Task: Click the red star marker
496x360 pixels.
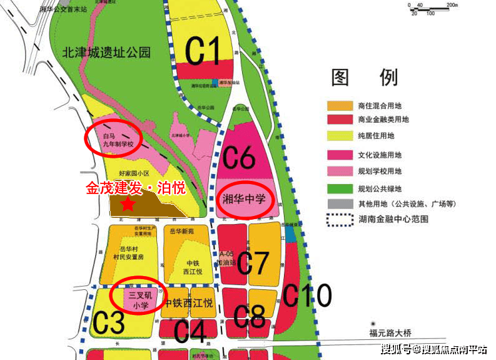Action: pos(128,203)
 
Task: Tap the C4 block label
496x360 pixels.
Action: pos(190,331)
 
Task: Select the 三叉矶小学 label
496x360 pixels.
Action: pos(138,300)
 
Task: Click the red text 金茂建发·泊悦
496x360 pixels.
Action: pos(136,187)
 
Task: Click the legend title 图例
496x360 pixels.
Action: pos(365,77)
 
